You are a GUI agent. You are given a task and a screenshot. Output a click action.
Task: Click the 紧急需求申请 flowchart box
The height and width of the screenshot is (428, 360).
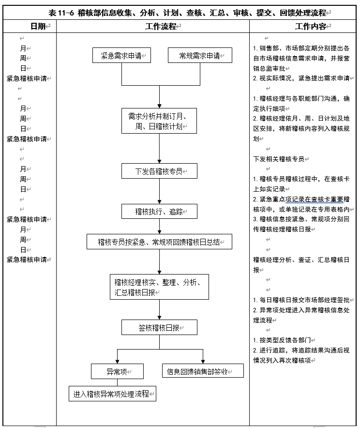[x=121, y=56]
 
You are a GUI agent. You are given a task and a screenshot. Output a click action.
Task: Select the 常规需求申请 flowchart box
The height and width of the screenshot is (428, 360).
[x=199, y=56]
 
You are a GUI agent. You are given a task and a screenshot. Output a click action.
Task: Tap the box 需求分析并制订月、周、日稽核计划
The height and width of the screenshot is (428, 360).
[x=159, y=121]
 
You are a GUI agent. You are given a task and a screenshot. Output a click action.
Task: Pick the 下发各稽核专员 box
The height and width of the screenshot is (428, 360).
[x=159, y=170]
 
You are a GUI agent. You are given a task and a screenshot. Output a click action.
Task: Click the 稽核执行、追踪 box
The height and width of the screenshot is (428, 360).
[x=159, y=211]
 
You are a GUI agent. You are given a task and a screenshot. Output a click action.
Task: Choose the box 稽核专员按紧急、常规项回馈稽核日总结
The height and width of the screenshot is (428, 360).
[x=159, y=242]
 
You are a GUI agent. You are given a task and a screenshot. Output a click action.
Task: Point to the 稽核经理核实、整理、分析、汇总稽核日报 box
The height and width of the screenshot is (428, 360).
[x=159, y=287]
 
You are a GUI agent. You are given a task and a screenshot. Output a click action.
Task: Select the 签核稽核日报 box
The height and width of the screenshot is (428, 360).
[x=159, y=327]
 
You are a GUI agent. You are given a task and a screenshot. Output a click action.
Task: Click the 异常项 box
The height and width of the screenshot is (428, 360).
[x=118, y=371]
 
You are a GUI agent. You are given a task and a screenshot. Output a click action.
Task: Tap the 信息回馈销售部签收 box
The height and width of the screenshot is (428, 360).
[x=202, y=371]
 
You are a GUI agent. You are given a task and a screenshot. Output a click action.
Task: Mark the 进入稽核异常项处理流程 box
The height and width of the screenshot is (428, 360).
[x=113, y=394]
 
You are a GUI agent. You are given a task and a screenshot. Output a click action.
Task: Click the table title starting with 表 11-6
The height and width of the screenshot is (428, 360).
[x=180, y=13]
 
